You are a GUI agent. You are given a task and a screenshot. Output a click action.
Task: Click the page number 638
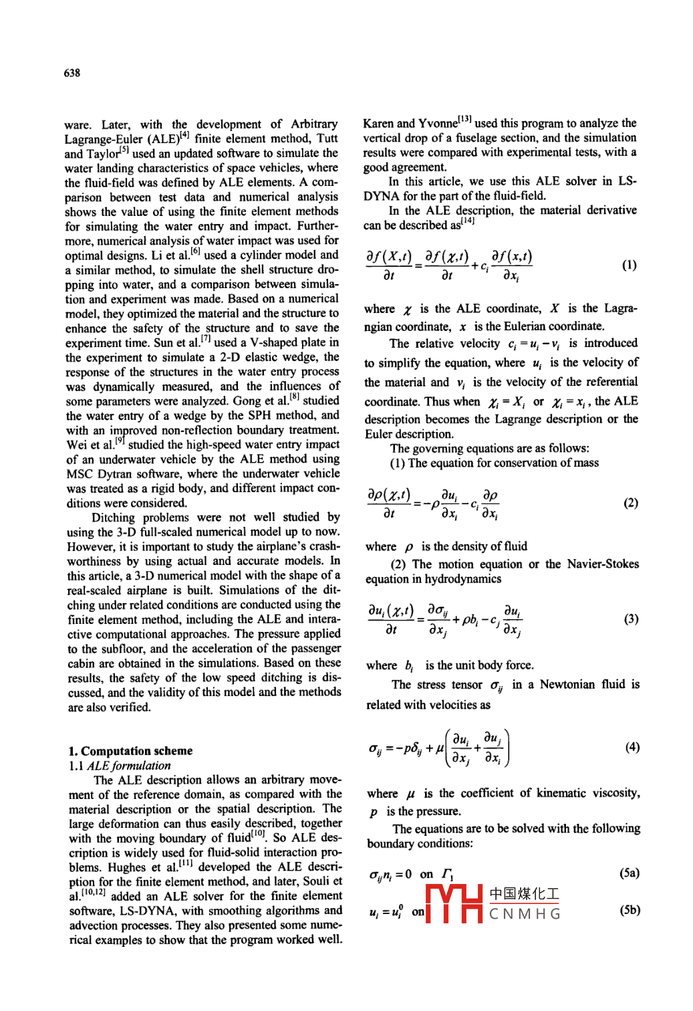coord(72,73)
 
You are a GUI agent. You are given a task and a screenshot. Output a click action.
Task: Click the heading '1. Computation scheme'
coord(130,751)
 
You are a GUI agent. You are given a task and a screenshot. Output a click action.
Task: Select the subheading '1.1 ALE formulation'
coord(120,766)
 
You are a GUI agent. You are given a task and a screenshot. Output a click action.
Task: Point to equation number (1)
coord(630,265)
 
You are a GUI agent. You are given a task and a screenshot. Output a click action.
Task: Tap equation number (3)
coord(631,619)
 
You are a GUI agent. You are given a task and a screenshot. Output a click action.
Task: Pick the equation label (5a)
coord(630,873)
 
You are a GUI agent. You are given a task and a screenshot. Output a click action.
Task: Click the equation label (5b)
coord(630,910)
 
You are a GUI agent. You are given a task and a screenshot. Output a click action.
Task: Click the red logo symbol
coord(454,903)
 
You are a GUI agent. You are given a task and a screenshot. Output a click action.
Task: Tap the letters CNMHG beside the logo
coord(525,914)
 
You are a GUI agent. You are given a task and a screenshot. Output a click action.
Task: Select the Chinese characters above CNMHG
coord(525,894)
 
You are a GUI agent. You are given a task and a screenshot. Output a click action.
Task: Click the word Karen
coord(378,124)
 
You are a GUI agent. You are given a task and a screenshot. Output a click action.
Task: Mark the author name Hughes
coord(126,867)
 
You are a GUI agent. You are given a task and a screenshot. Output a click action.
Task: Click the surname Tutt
coord(327,138)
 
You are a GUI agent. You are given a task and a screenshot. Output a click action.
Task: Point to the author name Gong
coord(247,401)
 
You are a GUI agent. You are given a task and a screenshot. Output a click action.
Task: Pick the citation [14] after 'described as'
coord(468,221)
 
